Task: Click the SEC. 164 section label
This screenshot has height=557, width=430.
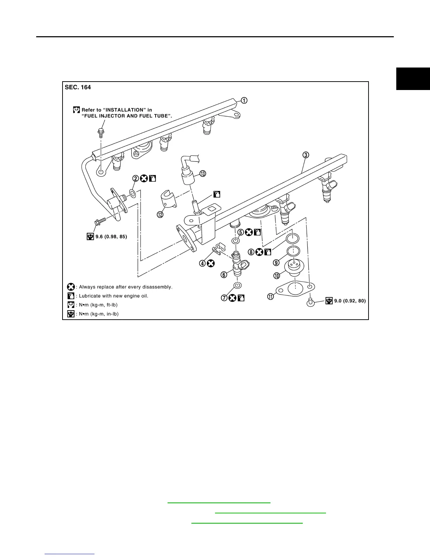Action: click(x=78, y=87)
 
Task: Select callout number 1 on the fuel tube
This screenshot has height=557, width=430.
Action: click(x=244, y=101)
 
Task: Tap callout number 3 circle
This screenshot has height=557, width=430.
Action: click(x=306, y=155)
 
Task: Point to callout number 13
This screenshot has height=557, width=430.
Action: click(x=203, y=173)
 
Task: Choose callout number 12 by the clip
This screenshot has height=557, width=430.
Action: click(x=160, y=214)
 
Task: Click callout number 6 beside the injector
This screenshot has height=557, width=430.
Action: click(x=224, y=275)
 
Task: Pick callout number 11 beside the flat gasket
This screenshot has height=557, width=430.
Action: click(x=271, y=297)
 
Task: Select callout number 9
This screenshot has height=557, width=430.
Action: click(x=276, y=262)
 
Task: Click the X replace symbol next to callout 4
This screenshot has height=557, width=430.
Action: click(x=211, y=263)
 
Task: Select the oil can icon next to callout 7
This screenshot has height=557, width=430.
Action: click(x=241, y=298)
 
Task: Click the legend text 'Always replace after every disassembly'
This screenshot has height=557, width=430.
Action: click(x=125, y=287)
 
